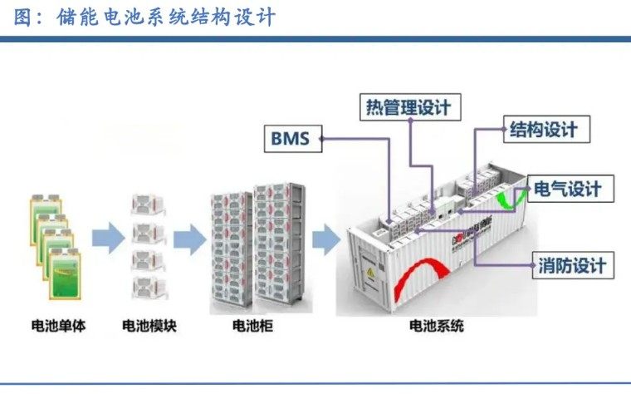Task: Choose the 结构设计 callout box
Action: [543, 130]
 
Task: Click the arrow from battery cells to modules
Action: [106, 240]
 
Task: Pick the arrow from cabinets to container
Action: [325, 240]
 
